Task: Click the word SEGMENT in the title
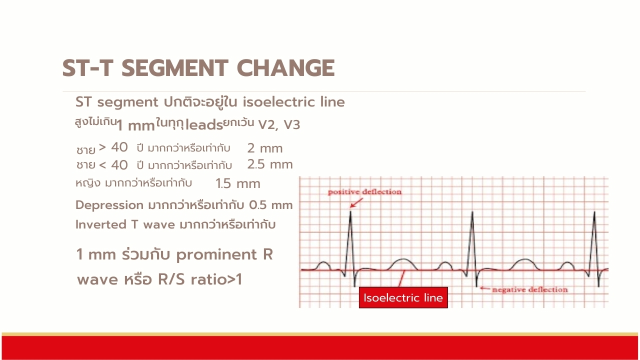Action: (175, 68)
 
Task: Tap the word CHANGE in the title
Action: (285, 68)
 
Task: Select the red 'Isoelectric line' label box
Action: (403, 297)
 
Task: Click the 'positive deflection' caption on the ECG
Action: (364, 192)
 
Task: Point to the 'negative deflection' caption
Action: (530, 289)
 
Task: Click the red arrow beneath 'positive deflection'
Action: (356, 203)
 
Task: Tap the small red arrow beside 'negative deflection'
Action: (485, 288)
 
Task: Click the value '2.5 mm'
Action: (270, 164)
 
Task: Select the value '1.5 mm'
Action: (237, 183)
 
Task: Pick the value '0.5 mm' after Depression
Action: (270, 205)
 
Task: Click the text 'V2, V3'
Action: (279, 125)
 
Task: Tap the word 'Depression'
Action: (109, 205)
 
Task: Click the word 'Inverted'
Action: (101, 224)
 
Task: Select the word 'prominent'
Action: (216, 255)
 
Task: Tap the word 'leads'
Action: (204, 125)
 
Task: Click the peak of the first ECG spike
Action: (350, 211)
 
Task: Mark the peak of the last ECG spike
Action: (594, 211)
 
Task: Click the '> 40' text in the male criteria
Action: (113, 147)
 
